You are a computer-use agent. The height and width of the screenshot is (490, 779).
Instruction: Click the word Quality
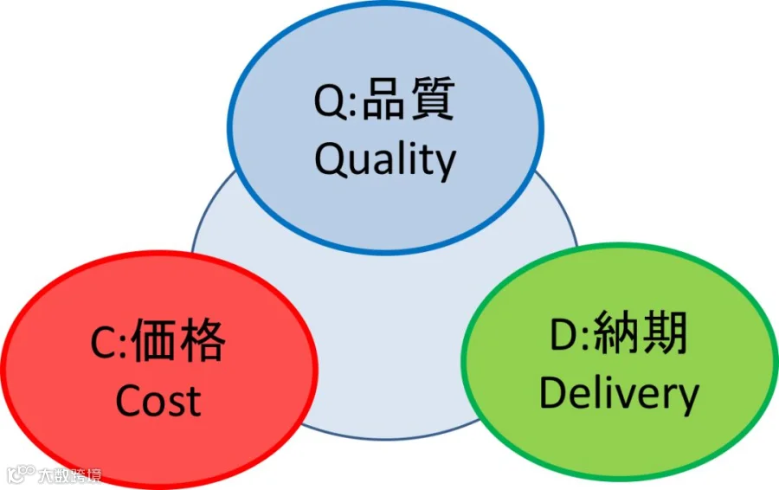click(385, 159)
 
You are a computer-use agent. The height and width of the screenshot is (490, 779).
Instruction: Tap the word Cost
click(158, 401)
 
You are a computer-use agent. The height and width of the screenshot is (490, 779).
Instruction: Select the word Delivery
click(619, 394)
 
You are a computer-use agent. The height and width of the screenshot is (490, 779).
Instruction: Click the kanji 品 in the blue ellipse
click(383, 100)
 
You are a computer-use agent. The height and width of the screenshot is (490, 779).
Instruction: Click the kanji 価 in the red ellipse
click(154, 340)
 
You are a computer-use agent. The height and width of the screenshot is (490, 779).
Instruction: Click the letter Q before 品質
click(330, 101)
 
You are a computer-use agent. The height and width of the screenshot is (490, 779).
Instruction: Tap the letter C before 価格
click(103, 343)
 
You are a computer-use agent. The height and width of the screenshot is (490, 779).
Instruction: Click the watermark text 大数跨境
click(69, 475)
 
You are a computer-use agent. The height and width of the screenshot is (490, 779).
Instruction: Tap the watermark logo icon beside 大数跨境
click(22, 474)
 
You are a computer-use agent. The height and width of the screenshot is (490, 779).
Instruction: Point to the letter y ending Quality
click(445, 165)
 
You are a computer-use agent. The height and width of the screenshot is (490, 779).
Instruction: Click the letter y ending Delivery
click(688, 400)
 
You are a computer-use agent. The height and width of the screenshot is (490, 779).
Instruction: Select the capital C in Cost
click(129, 401)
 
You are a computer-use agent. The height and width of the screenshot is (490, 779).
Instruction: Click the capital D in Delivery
click(555, 392)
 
